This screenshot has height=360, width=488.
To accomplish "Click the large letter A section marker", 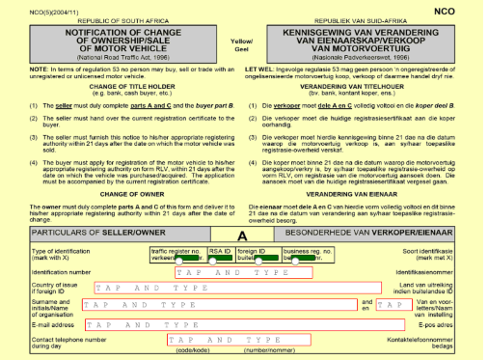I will [x=243, y=235].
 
